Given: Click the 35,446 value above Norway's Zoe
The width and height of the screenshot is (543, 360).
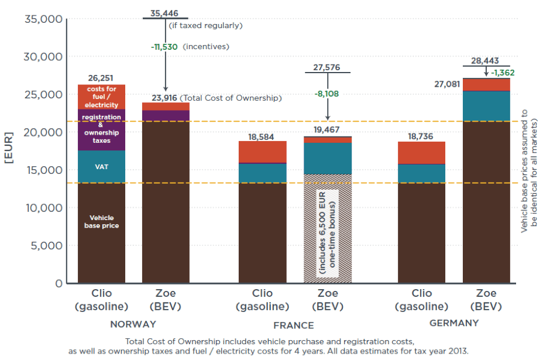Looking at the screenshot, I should (x=164, y=13).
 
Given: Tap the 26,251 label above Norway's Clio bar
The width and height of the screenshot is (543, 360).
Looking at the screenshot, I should (x=101, y=78).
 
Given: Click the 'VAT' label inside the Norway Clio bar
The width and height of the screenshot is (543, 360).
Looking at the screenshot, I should (x=101, y=167).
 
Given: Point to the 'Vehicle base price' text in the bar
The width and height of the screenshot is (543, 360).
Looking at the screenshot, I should (x=101, y=221).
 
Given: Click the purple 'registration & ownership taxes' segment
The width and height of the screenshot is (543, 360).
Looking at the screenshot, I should (x=101, y=129).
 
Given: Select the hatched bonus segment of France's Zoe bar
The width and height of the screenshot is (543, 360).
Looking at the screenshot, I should (x=328, y=229).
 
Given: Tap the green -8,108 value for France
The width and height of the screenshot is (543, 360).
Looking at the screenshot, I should (x=327, y=94).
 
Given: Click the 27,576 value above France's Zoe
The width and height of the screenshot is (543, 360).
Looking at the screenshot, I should (x=327, y=67).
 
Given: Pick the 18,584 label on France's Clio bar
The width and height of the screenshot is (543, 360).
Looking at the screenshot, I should (x=262, y=136).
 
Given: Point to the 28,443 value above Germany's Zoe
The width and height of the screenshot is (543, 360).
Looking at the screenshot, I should (x=486, y=61).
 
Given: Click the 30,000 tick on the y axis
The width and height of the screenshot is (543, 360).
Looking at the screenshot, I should (x=43, y=57).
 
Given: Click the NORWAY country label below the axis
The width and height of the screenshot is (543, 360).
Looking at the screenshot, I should (x=133, y=324).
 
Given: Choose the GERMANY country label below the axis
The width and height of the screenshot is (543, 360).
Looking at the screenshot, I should (x=454, y=323).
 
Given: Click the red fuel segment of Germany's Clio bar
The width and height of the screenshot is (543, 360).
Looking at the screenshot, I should (x=422, y=153).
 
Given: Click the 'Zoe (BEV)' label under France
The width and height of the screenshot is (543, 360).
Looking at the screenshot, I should (x=328, y=300).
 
